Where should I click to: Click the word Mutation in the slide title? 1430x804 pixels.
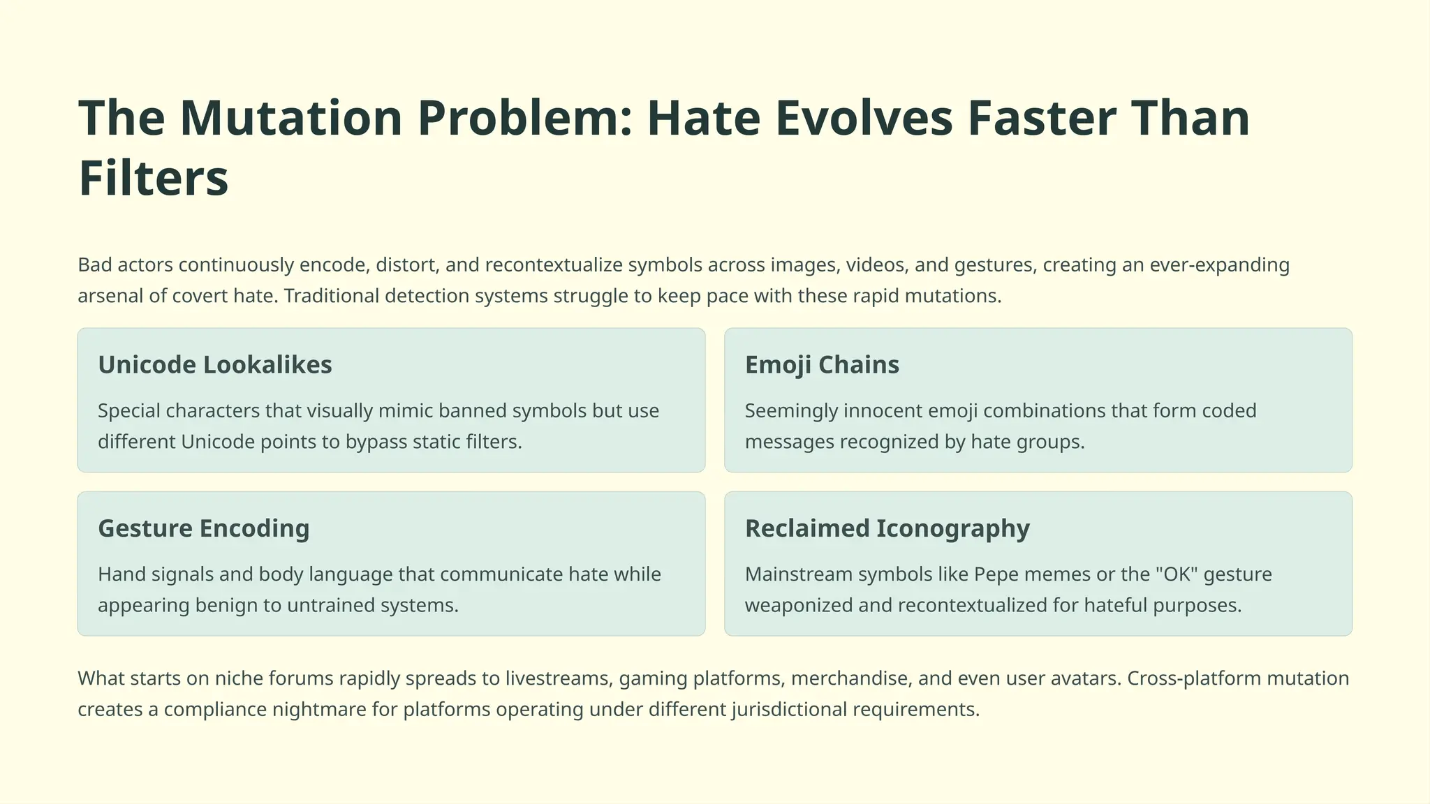[x=291, y=118]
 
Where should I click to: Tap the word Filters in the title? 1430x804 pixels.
[x=154, y=179]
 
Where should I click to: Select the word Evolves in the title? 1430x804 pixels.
[x=864, y=118]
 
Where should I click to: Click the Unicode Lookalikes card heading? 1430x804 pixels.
[x=215, y=365]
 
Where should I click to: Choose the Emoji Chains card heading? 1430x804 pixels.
[x=822, y=365]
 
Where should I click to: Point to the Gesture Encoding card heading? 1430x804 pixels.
[x=203, y=528]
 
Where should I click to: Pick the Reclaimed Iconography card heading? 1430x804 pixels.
[x=887, y=528]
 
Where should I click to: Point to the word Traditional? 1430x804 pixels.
[x=331, y=296]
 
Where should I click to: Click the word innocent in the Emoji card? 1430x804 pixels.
[x=883, y=410]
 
